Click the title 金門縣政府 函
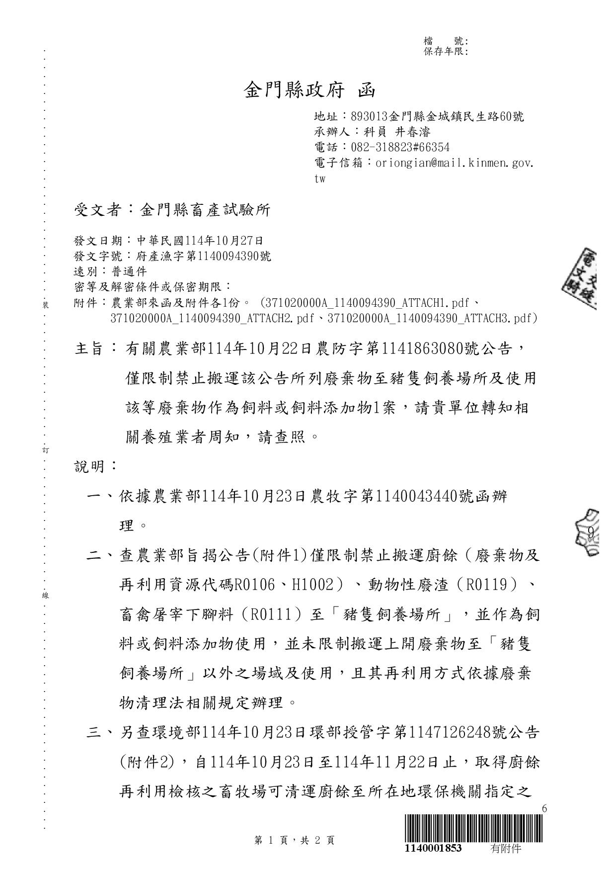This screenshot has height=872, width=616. pyautogui.click(x=309, y=90)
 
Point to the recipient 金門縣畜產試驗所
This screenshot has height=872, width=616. pyautogui.click(x=205, y=210)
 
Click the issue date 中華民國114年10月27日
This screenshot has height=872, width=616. pyautogui.click(x=200, y=241)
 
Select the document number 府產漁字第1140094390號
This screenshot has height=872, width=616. pyautogui.click(x=204, y=257)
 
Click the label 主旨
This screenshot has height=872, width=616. pyautogui.click(x=89, y=349)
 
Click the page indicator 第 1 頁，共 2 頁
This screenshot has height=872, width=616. pyautogui.click(x=294, y=840)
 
